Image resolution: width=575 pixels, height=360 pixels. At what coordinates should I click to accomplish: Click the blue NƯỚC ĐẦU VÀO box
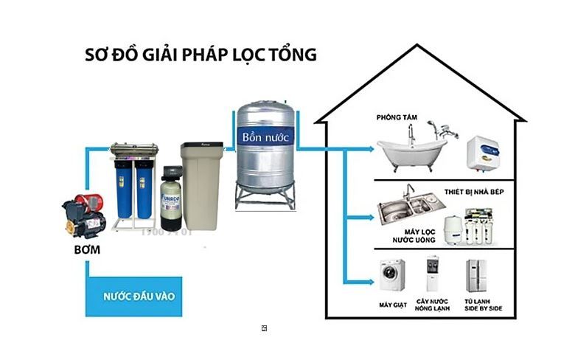point(133,297)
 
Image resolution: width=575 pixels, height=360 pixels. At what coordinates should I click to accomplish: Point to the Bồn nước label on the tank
point(266,137)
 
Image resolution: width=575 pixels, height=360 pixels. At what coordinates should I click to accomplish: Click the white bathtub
point(411,151)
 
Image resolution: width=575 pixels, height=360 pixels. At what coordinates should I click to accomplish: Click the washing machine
point(392,275)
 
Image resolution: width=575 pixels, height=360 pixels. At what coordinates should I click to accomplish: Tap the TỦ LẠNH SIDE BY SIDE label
point(484,305)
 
